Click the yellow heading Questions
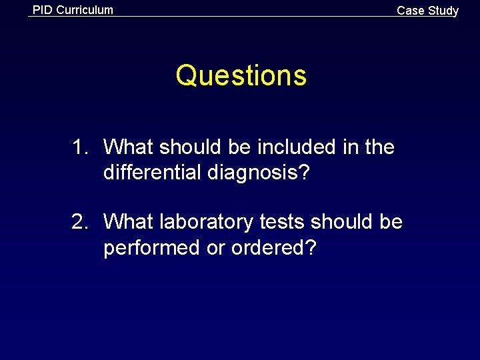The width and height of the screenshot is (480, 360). (241, 76)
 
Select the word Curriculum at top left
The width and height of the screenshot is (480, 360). (85, 10)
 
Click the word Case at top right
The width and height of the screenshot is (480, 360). (411, 11)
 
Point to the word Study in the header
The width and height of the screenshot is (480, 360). (443, 11)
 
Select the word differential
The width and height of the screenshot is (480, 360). (153, 173)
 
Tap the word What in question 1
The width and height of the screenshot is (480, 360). (129, 147)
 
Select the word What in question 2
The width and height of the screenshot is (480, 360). (129, 221)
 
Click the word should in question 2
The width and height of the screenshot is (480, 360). (343, 221)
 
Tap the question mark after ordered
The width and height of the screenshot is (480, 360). (310, 248)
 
